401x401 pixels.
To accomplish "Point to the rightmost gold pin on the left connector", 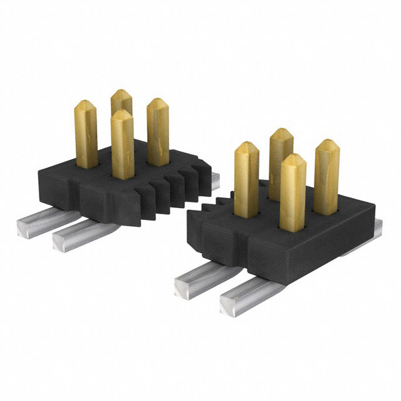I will tap(157, 132).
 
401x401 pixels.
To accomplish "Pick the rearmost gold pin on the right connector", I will tap(282, 157).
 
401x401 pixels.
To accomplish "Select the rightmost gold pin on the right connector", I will tap(326, 175).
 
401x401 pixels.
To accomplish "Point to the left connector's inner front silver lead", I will tap(72, 235).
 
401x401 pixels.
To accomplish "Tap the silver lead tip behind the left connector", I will tap(213, 181).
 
